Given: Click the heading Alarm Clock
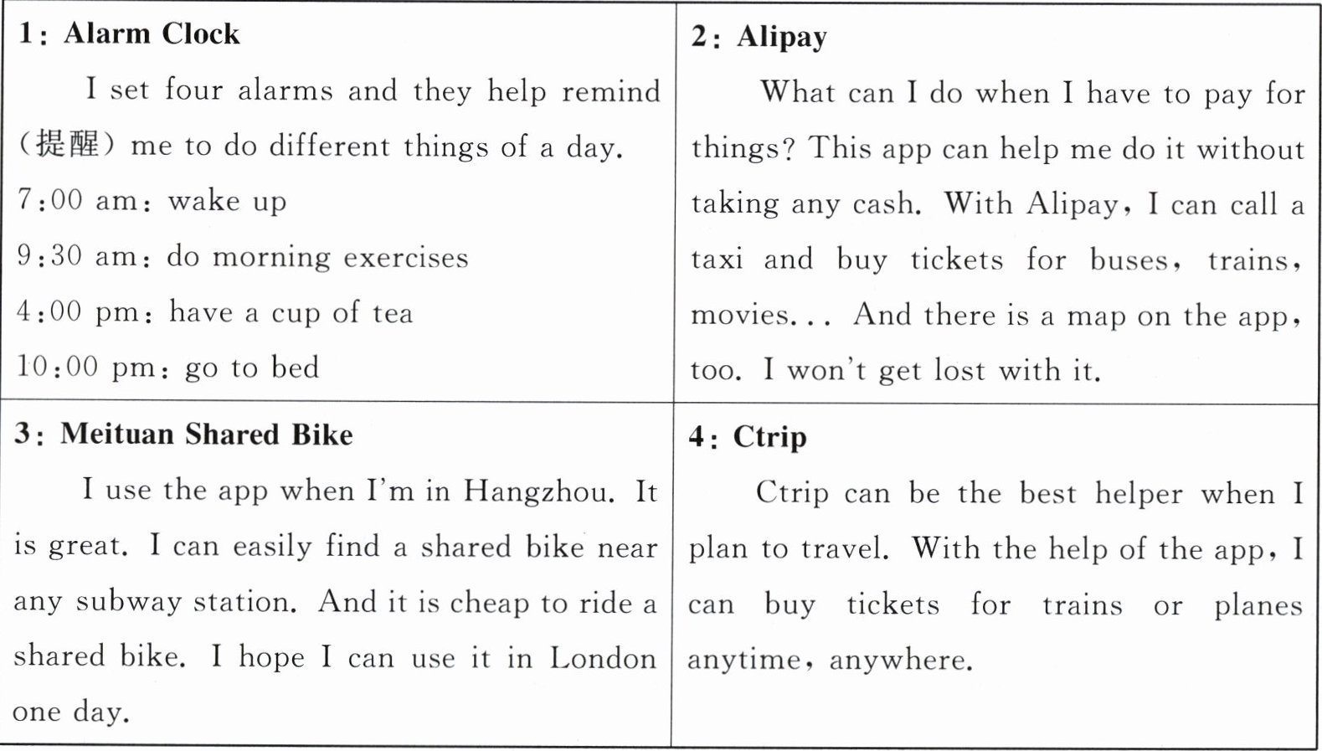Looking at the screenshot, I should pos(152,33).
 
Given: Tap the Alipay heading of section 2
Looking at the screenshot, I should pos(781,37).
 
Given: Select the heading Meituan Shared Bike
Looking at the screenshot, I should pos(206,434).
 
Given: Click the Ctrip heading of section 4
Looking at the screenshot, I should pos(769,436).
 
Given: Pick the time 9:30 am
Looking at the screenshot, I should pos(81,256).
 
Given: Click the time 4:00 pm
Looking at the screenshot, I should pos(81,312).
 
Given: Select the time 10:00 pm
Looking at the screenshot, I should pos(85,367).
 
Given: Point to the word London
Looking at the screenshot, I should pos(603,658).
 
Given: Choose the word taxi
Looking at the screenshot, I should pos(717,260).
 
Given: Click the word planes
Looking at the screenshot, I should pos(1258,605).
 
